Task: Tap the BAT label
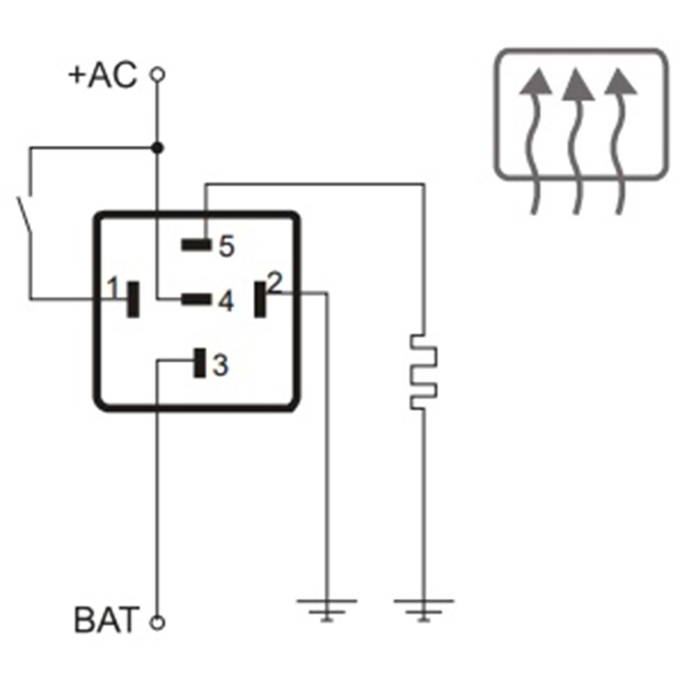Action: click(106, 621)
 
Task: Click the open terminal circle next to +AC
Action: click(158, 74)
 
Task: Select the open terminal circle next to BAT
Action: click(158, 622)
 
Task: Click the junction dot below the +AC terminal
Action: click(158, 148)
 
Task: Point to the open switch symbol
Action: click(26, 209)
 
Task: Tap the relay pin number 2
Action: click(275, 283)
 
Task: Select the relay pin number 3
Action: click(220, 365)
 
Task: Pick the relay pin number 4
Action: click(224, 301)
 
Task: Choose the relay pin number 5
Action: click(226, 246)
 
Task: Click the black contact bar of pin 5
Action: click(196, 244)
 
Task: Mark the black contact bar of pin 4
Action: click(196, 299)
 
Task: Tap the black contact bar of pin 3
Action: click(200, 363)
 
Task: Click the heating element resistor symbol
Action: click(423, 372)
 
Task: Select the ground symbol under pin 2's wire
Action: click(327, 608)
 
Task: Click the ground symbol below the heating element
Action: click(423, 608)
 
